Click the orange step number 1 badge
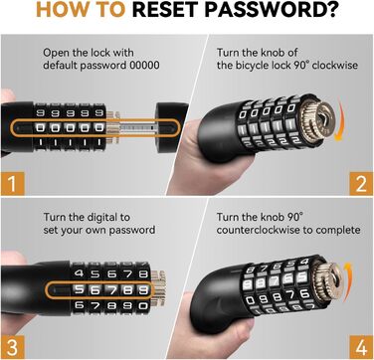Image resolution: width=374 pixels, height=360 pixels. pyautogui.click(x=13, y=183)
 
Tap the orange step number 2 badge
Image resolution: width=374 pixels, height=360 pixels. pyautogui.click(x=361, y=183)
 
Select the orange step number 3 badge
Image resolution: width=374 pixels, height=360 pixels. pyautogui.click(x=13, y=347)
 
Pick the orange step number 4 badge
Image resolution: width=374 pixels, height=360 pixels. pyautogui.click(x=361, y=347)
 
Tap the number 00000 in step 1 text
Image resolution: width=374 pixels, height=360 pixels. pyautogui.click(x=144, y=65)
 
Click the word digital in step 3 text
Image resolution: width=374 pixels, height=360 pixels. pyautogui.click(x=102, y=218)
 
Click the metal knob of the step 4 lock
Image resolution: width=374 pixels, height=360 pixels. pyautogui.click(x=329, y=281)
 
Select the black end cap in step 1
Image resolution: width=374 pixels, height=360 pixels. pyautogui.click(x=172, y=127)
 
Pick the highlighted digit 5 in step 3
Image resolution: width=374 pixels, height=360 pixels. pyautogui.click(x=79, y=289)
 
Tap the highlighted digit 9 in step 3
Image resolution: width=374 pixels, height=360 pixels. pyautogui.click(x=143, y=290)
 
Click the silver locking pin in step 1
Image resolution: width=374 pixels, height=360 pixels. pyautogui.click(x=136, y=128)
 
